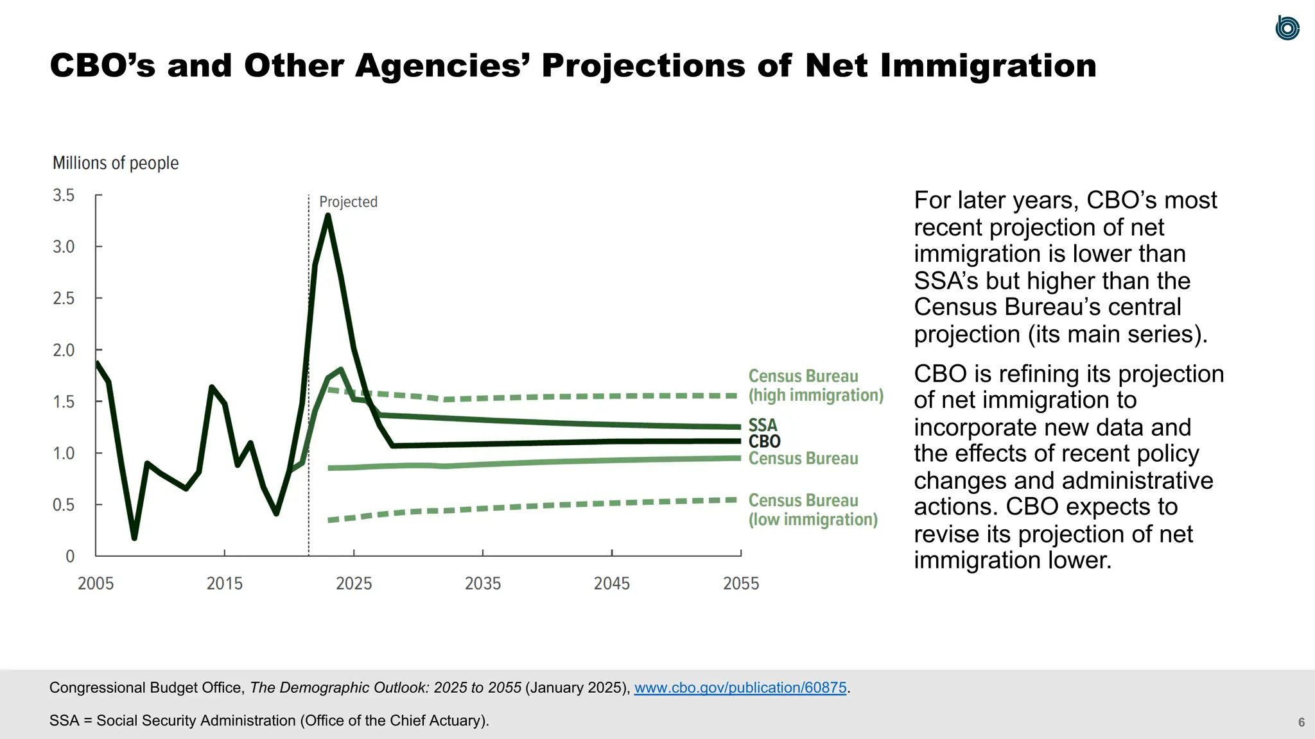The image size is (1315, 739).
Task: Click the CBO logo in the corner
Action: pos(1287,28)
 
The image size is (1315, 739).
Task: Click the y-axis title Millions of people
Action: pos(116,163)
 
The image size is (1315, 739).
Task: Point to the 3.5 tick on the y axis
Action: pos(64,195)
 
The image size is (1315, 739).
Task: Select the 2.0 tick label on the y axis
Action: pos(64,350)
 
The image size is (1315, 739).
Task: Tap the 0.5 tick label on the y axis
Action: pos(64,505)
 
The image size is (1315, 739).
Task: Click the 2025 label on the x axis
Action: pos(354,583)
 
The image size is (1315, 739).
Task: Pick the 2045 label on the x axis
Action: pos(611,583)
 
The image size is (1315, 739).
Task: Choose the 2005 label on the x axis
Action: pos(96,583)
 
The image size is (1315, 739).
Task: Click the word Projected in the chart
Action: pos(348,202)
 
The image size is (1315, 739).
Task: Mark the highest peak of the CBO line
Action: pos(328,216)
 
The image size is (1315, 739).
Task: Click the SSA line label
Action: pos(763,425)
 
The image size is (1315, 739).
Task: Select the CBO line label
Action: pos(764,441)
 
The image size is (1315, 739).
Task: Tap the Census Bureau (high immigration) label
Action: pos(815,386)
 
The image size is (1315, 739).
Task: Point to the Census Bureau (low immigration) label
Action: pos(812,510)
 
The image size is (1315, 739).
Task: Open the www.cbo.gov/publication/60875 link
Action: pos(740,688)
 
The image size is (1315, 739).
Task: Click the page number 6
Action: pos(1301,722)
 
